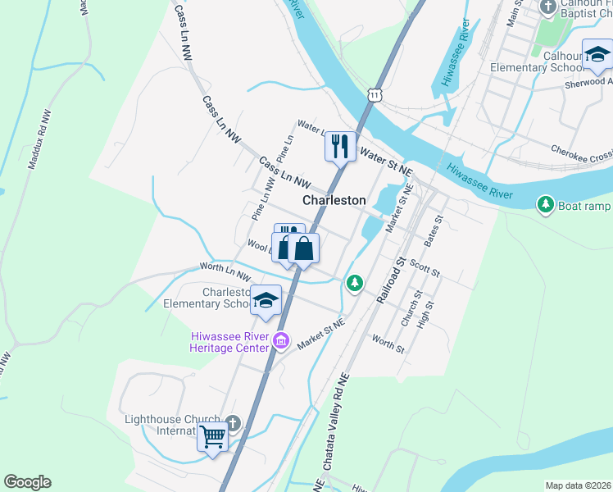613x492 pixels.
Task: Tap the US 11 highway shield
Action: point(375,95)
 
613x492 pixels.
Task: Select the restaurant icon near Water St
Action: point(338,147)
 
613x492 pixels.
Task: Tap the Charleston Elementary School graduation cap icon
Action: point(266,302)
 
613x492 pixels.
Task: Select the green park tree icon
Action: point(354,283)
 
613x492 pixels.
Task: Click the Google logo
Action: point(27,482)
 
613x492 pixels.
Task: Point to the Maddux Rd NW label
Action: point(39,139)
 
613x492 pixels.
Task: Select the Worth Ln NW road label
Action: point(225,271)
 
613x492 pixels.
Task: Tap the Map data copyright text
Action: point(577,485)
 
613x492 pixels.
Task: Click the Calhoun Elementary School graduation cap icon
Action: point(597,55)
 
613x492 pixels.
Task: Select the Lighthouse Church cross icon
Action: point(233,424)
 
